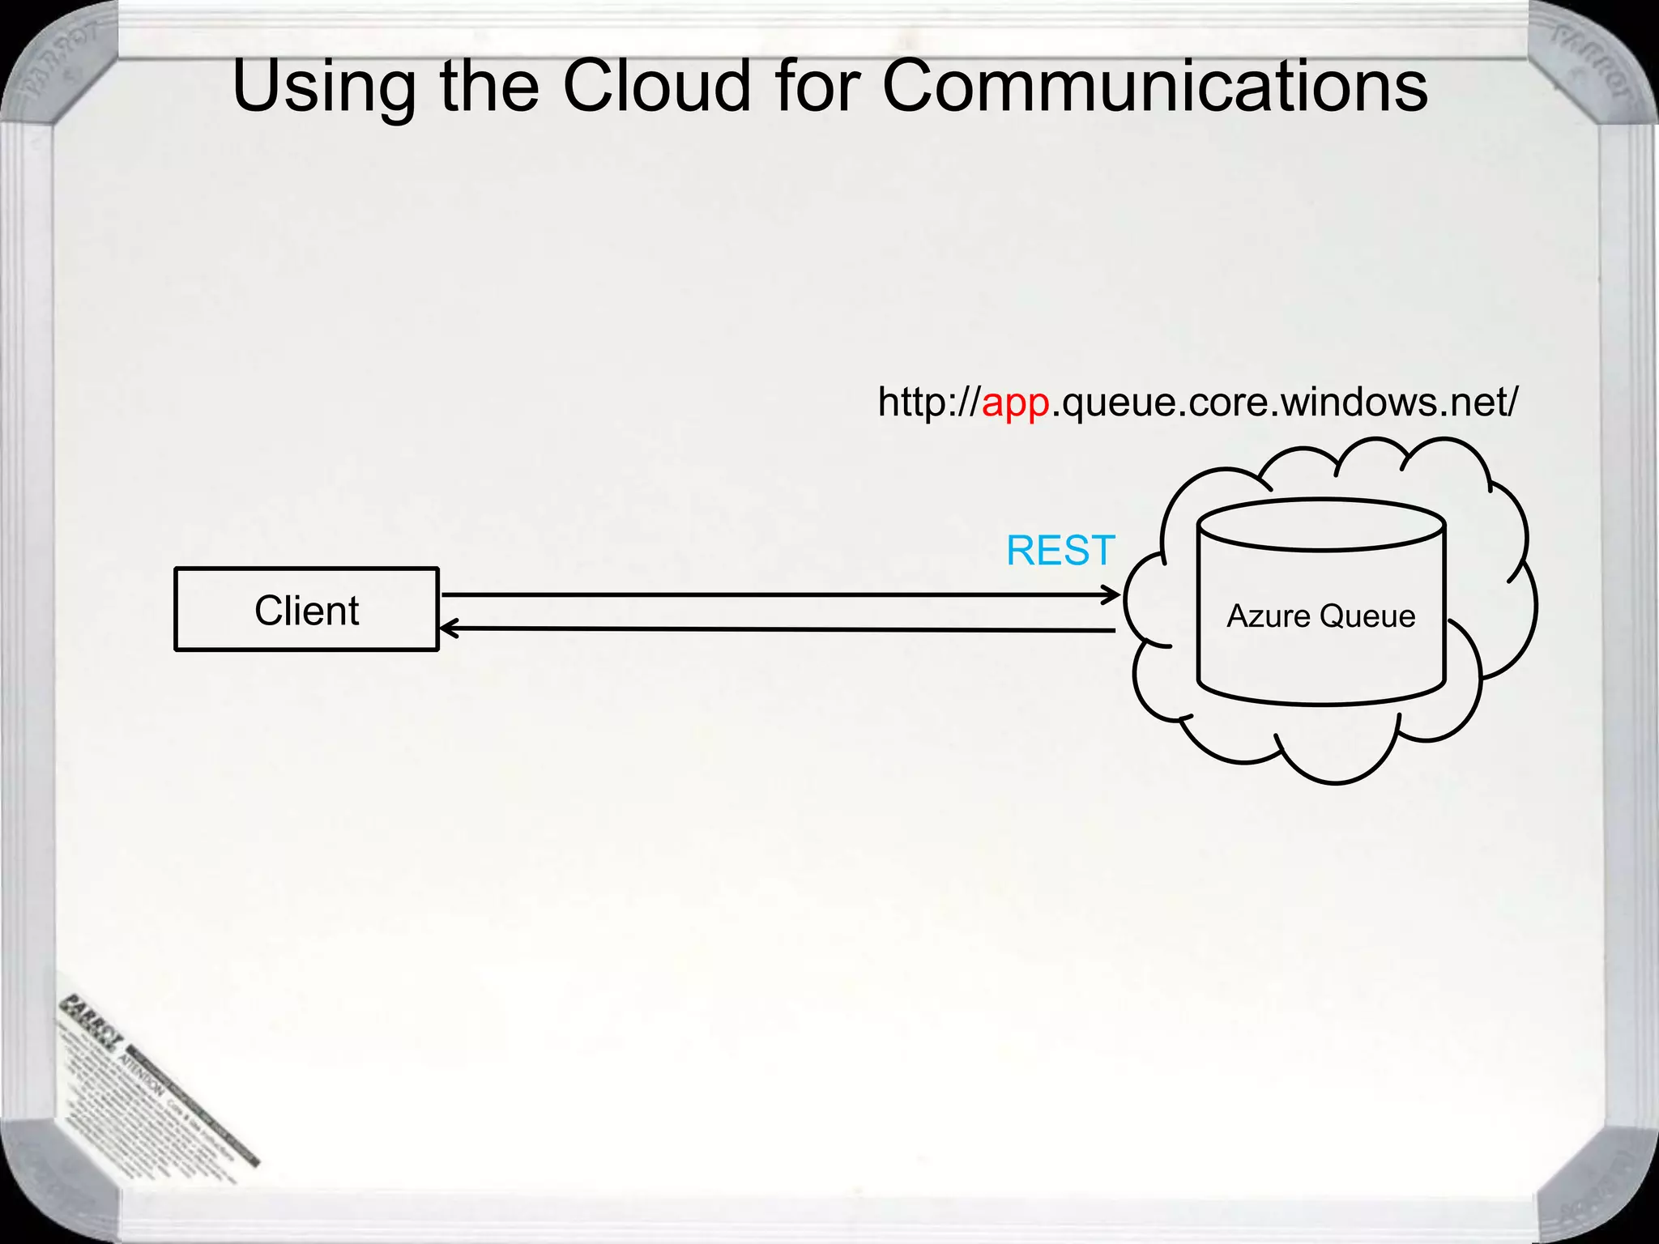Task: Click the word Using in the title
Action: [x=324, y=87]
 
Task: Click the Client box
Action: [x=306, y=610]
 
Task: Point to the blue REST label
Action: [x=1060, y=551]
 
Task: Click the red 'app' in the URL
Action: [x=1016, y=403]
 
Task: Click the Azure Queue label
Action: [x=1320, y=616]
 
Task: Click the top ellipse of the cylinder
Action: [x=1321, y=525]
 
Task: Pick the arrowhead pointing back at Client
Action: [x=448, y=628]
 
